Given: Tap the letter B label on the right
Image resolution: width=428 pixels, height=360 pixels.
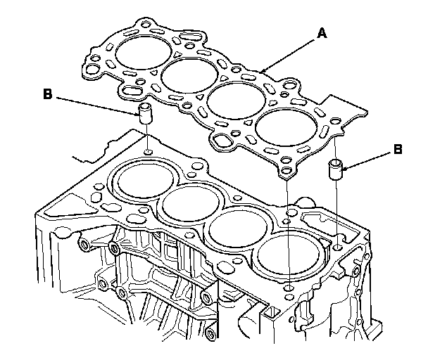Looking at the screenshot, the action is (398, 150).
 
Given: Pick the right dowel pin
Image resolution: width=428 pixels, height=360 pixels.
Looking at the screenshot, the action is (336, 170).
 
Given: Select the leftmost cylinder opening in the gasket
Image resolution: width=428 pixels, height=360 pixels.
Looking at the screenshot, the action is (142, 51).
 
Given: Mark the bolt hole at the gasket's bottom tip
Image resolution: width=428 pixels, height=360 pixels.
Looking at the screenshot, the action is (287, 169).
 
